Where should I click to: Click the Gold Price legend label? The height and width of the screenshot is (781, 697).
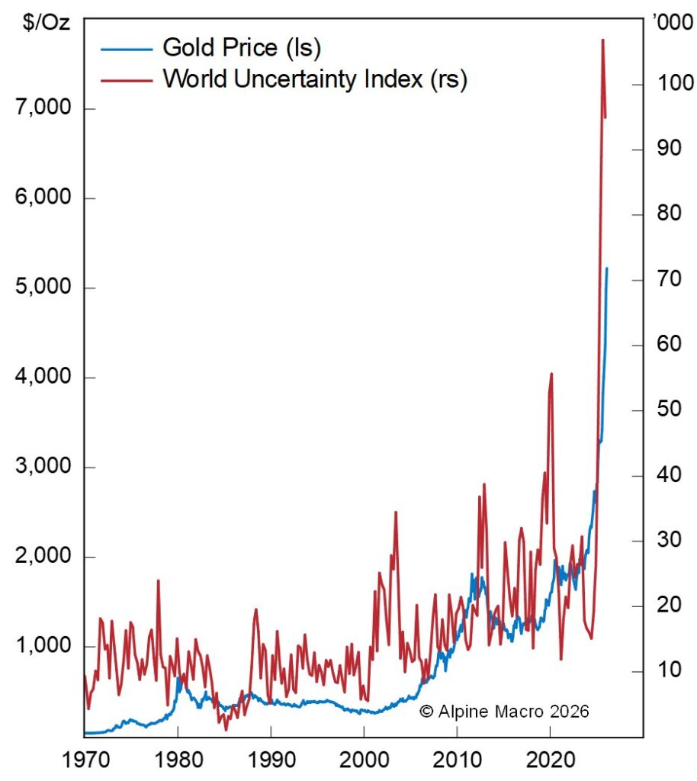(x=242, y=48)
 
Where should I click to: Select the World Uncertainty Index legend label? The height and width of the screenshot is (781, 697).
(x=314, y=79)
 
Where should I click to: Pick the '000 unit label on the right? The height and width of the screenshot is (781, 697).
(x=671, y=22)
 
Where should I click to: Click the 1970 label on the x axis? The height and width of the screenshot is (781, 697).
(x=84, y=760)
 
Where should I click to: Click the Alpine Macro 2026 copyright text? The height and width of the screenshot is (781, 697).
(x=504, y=711)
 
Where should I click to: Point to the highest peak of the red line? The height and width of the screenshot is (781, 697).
(x=602, y=40)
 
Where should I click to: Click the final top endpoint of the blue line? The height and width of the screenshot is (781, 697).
(x=607, y=268)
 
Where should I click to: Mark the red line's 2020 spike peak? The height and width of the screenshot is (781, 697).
(x=551, y=374)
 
